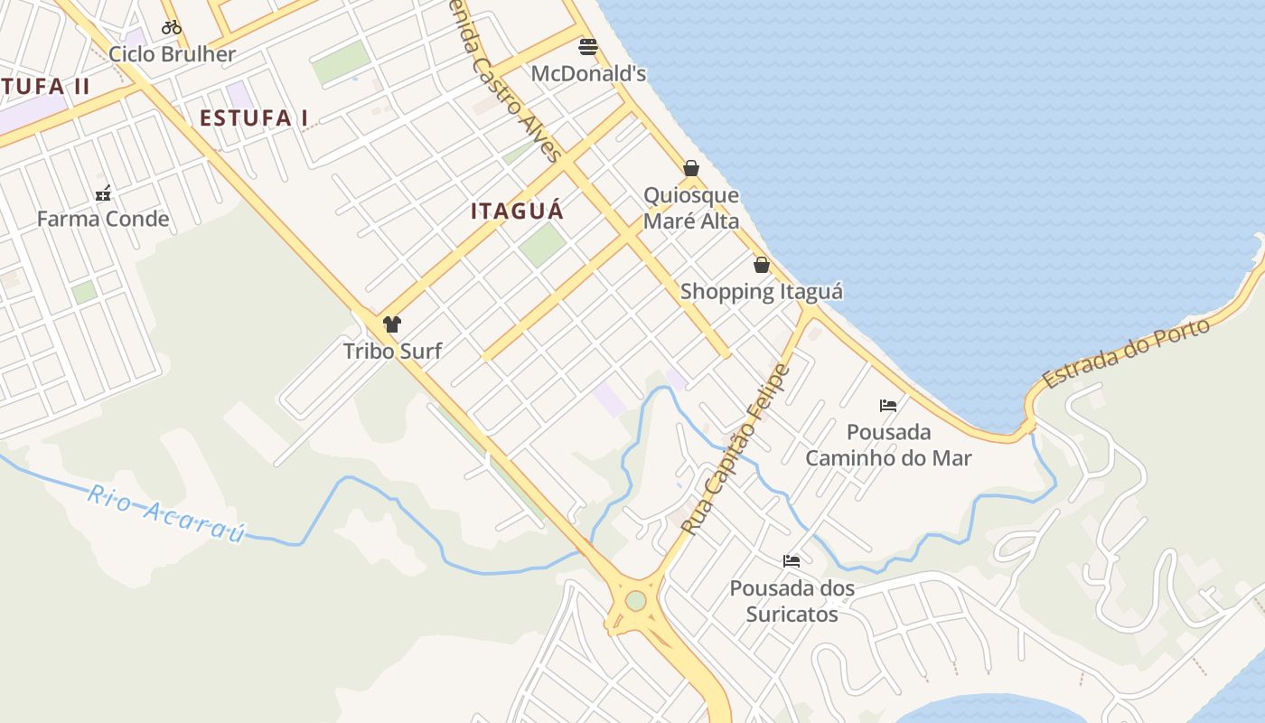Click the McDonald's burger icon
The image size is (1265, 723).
[x=588, y=46]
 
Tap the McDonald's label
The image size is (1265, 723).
[x=588, y=73]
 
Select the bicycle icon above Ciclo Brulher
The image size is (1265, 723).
[x=172, y=27]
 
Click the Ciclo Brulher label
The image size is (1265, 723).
[x=172, y=54]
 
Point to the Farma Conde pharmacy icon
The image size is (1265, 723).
[x=103, y=192]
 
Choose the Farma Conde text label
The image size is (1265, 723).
[x=103, y=219]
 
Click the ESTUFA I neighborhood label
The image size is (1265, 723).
[x=254, y=118]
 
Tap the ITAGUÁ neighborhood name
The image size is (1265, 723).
[x=517, y=211]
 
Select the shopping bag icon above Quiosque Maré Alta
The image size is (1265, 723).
[x=691, y=168]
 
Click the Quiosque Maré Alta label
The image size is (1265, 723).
[x=691, y=208]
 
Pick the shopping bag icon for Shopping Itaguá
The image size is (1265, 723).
[x=762, y=265]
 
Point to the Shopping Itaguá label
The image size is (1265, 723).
[x=762, y=291]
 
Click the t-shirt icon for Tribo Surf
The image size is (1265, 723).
[x=392, y=324]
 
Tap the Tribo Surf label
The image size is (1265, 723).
[x=392, y=351]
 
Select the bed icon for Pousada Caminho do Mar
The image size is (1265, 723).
[x=888, y=405]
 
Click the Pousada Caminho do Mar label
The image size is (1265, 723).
[x=888, y=445]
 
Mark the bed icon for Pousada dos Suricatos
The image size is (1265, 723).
[x=792, y=561]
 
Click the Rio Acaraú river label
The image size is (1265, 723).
[x=166, y=513]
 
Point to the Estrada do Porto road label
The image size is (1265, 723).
[x=1126, y=353]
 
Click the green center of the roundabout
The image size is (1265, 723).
[x=636, y=600]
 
